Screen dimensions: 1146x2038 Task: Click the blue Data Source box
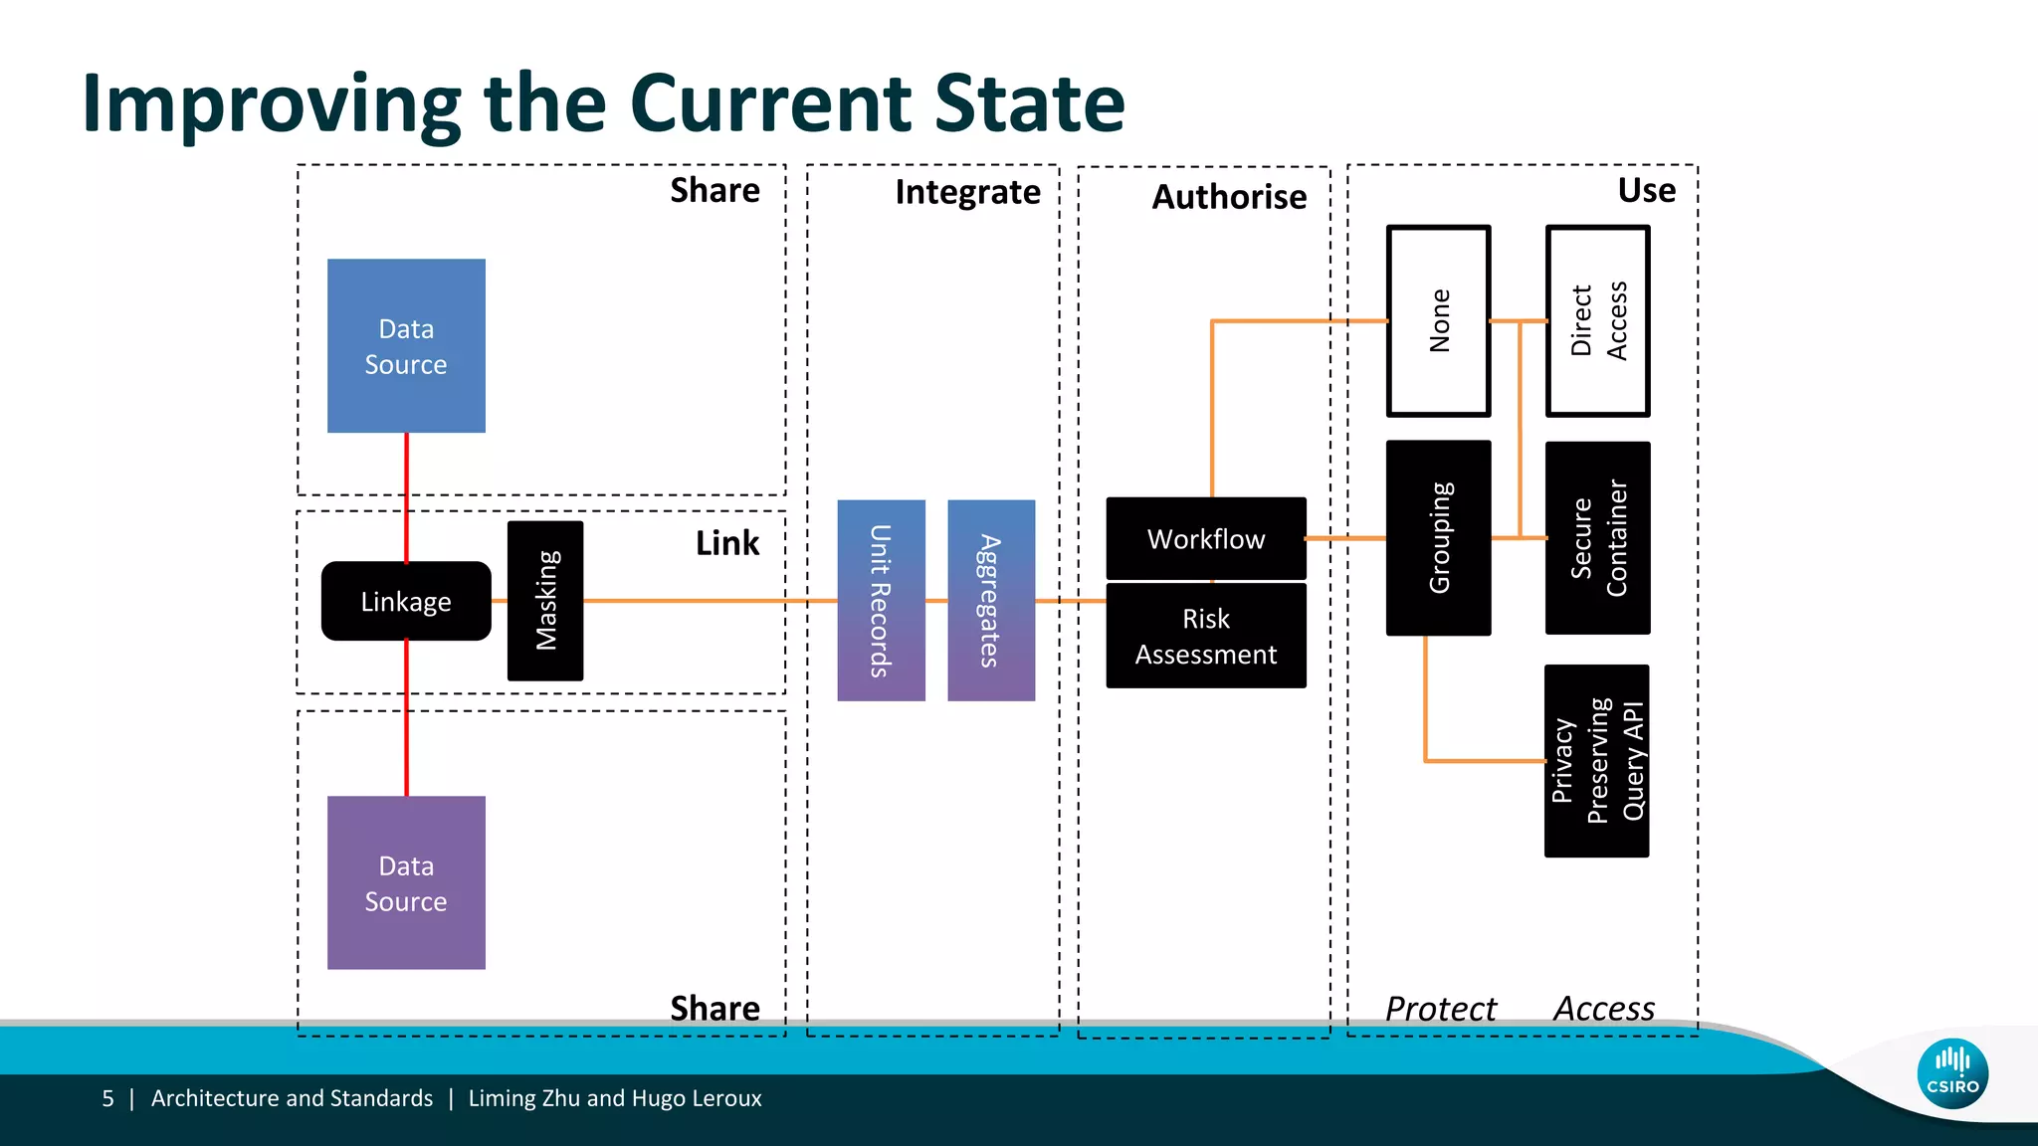coord(406,345)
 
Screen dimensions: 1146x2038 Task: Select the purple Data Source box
coord(406,882)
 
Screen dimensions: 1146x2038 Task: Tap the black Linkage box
coord(406,601)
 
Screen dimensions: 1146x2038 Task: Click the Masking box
coord(545,601)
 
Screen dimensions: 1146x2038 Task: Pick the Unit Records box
coord(881,601)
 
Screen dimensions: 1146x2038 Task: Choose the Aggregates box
coord(991,601)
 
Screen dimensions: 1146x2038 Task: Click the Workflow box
coord(1206,538)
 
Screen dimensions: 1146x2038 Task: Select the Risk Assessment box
coord(1206,636)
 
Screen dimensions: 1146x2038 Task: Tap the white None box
coord(1439,320)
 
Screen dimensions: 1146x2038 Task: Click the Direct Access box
coord(1598,320)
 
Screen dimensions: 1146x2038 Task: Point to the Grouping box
coord(1439,537)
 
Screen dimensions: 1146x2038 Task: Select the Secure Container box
coord(1598,537)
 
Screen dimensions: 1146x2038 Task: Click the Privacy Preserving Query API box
coord(1597,761)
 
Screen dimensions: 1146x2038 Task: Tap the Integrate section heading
coord(967,192)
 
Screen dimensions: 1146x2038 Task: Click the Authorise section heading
coord(1229,197)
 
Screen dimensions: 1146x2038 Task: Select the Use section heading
coord(1646,190)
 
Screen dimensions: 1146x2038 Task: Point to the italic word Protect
coord(1440,1009)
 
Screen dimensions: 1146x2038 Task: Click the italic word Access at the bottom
coord(1604,1009)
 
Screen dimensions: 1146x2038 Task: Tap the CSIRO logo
coord(1952,1073)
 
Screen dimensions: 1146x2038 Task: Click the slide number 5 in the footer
coord(107,1098)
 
